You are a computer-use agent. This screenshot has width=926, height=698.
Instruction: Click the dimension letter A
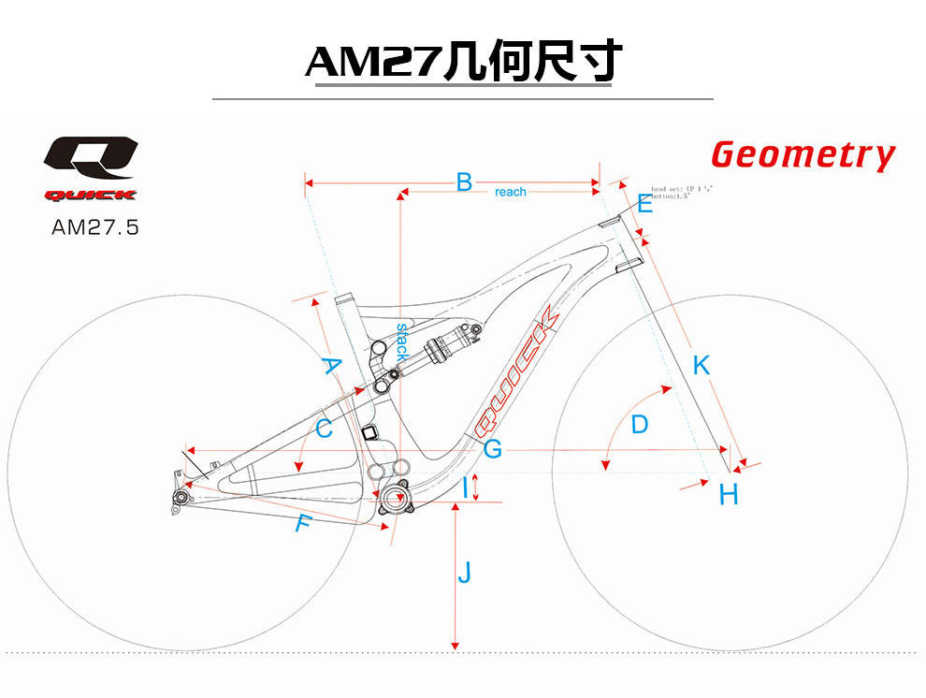click(330, 365)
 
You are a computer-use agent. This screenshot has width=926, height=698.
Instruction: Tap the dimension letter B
click(463, 182)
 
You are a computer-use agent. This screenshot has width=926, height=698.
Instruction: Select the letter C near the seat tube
click(324, 429)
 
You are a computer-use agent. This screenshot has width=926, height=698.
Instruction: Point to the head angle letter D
click(639, 425)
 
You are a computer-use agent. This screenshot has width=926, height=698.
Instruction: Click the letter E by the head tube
click(644, 204)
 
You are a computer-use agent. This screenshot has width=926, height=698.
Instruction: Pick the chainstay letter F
click(301, 524)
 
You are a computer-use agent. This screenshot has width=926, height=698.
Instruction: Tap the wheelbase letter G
click(493, 449)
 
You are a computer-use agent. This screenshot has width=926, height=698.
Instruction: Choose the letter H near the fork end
click(729, 495)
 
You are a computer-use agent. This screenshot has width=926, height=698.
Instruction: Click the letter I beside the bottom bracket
click(464, 487)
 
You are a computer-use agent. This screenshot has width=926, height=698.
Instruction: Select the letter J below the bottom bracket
click(464, 573)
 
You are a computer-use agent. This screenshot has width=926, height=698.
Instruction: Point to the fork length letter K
click(701, 366)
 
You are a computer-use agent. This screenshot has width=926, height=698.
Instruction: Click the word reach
click(511, 192)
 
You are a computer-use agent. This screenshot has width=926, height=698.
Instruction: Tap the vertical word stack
click(402, 343)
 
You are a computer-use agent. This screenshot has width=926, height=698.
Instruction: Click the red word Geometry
click(803, 155)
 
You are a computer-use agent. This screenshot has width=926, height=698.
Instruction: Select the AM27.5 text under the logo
click(94, 226)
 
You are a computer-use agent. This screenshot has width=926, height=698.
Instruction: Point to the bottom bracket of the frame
click(396, 497)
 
